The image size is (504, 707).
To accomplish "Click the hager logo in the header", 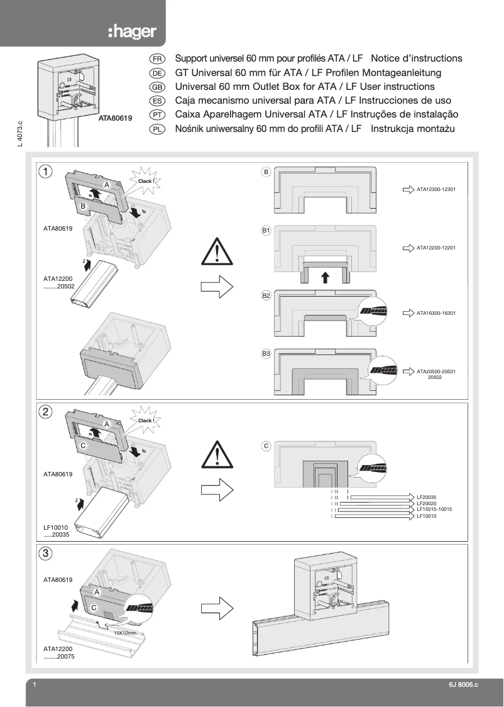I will point(131,32).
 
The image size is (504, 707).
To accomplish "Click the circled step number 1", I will point(46,171).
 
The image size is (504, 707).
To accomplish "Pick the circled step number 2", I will point(46,412).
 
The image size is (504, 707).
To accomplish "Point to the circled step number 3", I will point(46,554).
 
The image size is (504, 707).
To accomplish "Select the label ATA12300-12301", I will point(436,189).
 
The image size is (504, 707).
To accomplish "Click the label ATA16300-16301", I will point(436,312).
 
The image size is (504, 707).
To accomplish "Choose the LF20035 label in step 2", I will point(426,497).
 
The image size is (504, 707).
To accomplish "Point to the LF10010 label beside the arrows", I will point(426,516).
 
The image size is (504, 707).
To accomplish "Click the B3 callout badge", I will point(266,354).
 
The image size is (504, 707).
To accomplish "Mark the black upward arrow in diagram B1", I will point(324,278).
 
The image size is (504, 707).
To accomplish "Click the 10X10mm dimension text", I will point(124,633).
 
